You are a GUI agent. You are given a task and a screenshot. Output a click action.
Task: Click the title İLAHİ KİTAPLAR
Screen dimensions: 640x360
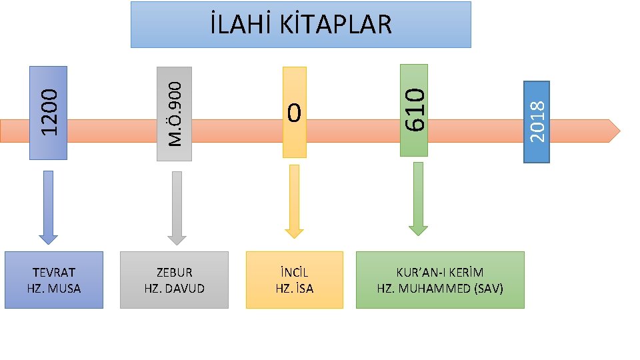coord(300,25)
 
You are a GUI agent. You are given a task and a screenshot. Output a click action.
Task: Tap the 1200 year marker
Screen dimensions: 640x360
coord(49,113)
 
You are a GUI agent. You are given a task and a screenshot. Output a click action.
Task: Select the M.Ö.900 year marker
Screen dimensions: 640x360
coord(174,113)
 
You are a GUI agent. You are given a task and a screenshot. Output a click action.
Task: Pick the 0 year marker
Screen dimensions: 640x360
coord(294,113)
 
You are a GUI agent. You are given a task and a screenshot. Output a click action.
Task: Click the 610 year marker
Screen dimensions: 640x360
coord(414,110)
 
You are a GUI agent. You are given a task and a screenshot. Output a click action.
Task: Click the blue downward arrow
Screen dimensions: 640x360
coord(48,207)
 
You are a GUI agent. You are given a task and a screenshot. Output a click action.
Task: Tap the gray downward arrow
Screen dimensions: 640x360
coord(177,207)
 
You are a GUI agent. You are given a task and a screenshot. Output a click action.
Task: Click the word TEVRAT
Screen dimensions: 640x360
coord(54,272)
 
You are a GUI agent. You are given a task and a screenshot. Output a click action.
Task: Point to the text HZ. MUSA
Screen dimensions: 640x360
coord(54,289)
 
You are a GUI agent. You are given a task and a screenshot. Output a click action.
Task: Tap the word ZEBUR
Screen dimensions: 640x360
coord(174,272)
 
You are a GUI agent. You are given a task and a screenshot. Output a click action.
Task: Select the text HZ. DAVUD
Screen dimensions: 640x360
coord(174,289)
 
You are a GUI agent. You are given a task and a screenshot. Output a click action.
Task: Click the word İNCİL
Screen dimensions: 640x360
coord(294,272)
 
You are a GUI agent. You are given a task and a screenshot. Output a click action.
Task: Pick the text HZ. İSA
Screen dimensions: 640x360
coord(294,289)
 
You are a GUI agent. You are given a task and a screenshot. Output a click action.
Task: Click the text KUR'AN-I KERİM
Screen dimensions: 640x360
coord(440,272)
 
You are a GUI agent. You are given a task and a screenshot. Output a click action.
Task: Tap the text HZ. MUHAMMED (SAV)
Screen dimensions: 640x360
coord(440,289)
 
